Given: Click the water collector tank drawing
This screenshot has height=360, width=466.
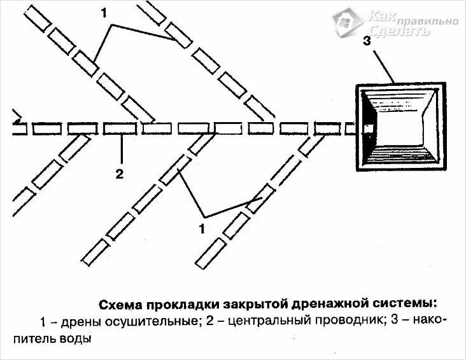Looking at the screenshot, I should click(397, 127).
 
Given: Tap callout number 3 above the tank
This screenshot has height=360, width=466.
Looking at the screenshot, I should click(367, 42).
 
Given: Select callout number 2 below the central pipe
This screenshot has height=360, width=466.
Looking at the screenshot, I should click(119, 173).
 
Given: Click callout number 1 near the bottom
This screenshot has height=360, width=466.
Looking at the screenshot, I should click(203, 228).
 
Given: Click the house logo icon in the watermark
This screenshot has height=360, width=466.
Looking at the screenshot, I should click(349, 22).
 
